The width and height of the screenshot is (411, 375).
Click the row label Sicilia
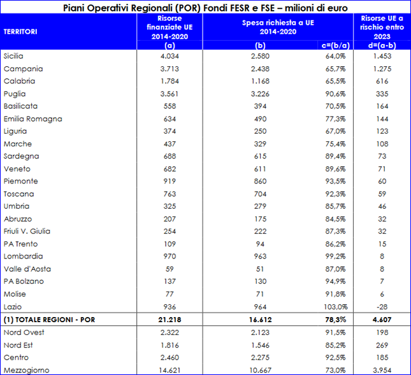[13, 56]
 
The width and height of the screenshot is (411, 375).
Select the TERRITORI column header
[20, 32]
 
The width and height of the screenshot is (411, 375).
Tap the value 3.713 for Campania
[169, 69]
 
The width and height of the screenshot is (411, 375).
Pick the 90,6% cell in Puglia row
[336, 94]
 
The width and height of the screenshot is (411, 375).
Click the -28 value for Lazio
[382, 307]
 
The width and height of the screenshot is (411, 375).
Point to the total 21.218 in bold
[169, 320]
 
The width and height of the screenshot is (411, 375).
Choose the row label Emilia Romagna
[32, 119]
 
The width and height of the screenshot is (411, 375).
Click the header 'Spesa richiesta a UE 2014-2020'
[278, 27]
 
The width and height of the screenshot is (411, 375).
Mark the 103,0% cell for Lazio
[336, 307]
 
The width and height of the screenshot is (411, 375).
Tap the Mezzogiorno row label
[27, 371]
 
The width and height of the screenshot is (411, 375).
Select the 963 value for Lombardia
[260, 257]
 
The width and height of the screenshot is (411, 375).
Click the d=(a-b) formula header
[382, 46]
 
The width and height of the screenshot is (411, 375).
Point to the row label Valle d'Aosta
[27, 269]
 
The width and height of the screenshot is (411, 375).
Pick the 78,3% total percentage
[336, 320]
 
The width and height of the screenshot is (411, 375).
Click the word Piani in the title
[74, 8]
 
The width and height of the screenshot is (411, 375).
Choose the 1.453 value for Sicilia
[382, 56]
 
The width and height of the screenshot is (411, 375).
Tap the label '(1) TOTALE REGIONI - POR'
[49, 320]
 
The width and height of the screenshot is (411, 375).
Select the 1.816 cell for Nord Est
[169, 345]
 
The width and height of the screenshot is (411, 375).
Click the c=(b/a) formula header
[336, 46]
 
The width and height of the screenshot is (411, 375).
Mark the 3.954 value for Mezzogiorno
[382, 371]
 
